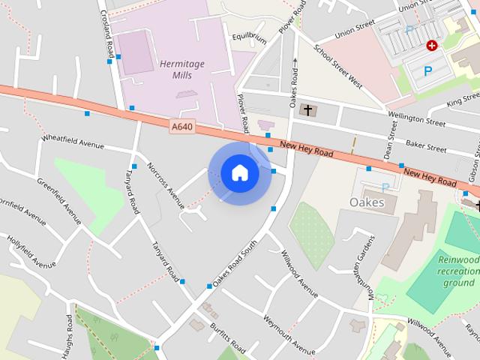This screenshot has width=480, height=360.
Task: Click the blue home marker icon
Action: click(x=239, y=173)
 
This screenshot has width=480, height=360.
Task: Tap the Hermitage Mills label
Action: click(x=182, y=72)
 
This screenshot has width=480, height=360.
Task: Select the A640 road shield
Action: click(x=181, y=127)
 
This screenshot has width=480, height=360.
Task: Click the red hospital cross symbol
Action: click(x=432, y=46)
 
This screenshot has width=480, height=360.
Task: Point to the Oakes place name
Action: click(x=367, y=202)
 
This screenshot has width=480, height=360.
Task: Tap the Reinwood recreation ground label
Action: click(x=458, y=271)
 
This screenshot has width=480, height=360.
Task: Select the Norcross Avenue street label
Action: click(x=166, y=185)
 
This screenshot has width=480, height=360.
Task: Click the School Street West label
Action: click(x=338, y=67)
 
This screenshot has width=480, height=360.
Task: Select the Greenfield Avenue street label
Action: click(x=58, y=201)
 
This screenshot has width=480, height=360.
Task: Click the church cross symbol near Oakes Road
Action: click(x=306, y=110)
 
